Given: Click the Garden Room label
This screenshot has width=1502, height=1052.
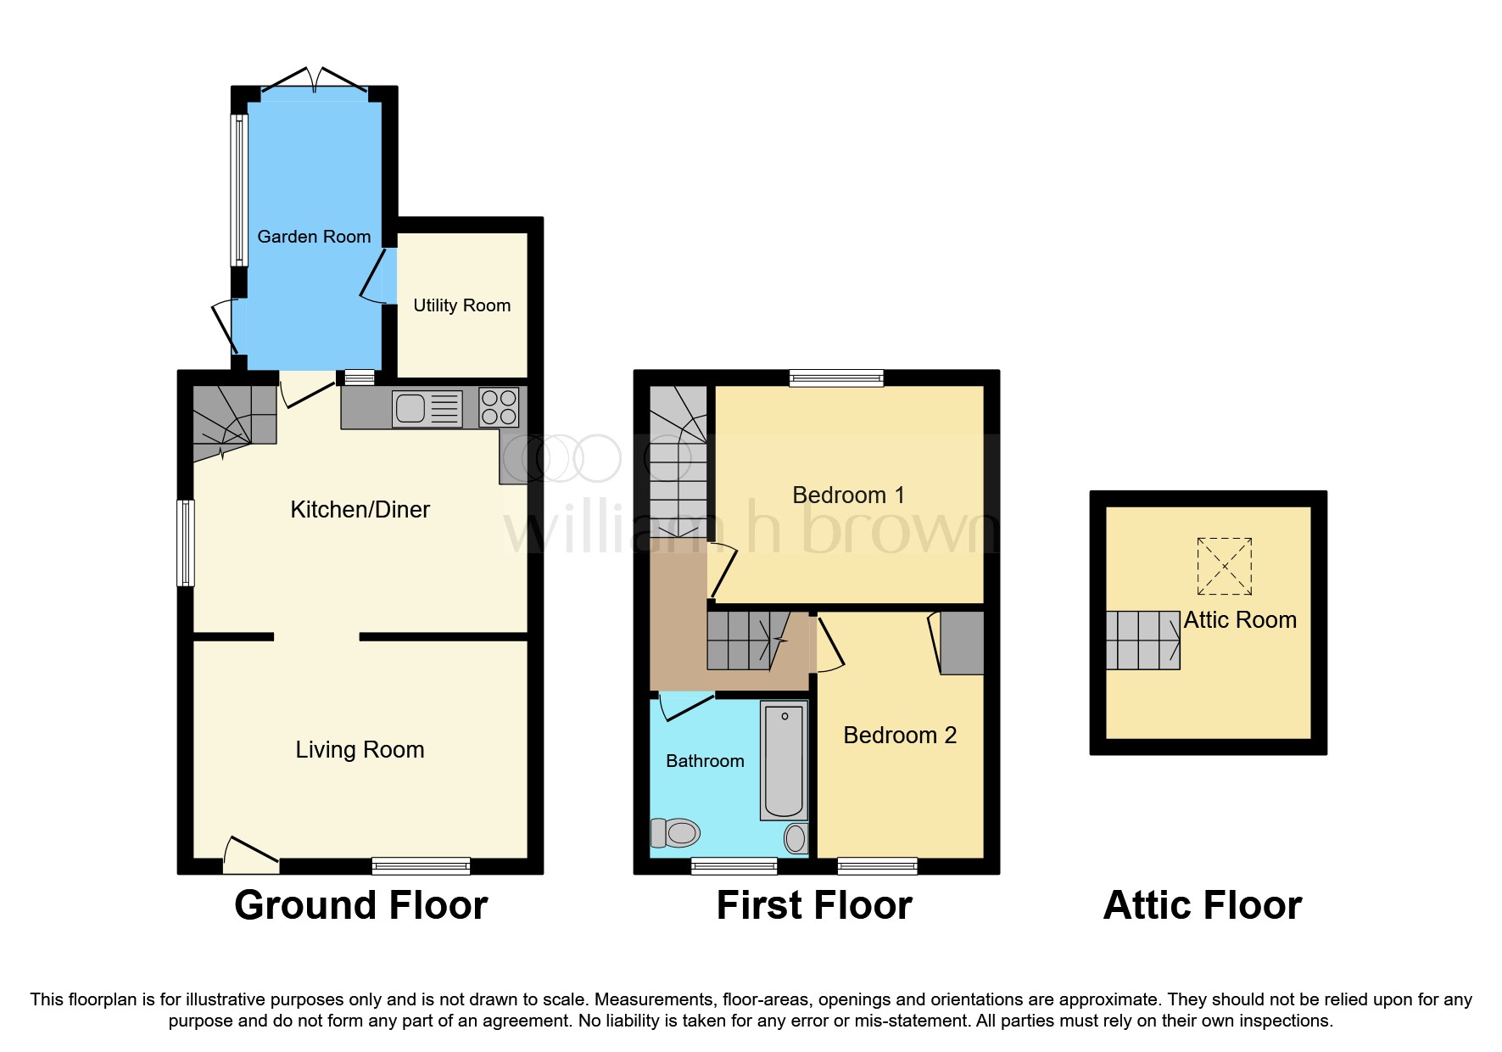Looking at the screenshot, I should (314, 237).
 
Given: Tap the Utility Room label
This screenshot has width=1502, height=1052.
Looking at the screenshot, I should (461, 305).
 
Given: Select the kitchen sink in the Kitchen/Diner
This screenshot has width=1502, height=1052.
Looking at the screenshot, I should (427, 408).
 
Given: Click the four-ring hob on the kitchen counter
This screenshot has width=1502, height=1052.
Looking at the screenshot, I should (499, 407).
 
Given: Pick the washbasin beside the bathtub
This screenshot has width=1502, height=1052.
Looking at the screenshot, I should (796, 838).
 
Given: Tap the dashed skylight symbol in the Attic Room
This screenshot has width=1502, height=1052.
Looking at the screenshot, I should (1224, 566).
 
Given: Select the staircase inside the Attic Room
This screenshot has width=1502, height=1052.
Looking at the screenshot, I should (1142, 641).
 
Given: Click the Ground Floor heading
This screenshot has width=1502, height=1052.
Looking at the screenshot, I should (360, 905).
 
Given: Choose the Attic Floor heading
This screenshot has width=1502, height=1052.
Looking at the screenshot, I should (1202, 905).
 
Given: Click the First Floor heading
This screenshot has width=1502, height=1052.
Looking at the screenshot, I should (813, 905).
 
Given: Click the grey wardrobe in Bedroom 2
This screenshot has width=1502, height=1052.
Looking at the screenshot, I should (962, 642).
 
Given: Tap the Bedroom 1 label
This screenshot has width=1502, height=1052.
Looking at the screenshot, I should (848, 495).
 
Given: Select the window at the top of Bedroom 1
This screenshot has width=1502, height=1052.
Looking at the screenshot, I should (836, 378).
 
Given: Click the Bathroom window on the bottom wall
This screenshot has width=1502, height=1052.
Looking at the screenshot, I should (734, 866).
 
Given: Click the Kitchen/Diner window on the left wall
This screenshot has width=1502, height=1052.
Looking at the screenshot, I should (186, 543).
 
